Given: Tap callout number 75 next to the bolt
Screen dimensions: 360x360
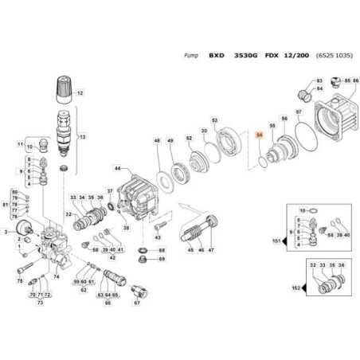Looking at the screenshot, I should pyautogui.click(x=20, y=280).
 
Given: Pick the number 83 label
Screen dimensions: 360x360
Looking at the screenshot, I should pyautogui.click(x=319, y=81).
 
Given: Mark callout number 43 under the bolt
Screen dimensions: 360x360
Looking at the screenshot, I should pyautogui.click(x=157, y=238).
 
